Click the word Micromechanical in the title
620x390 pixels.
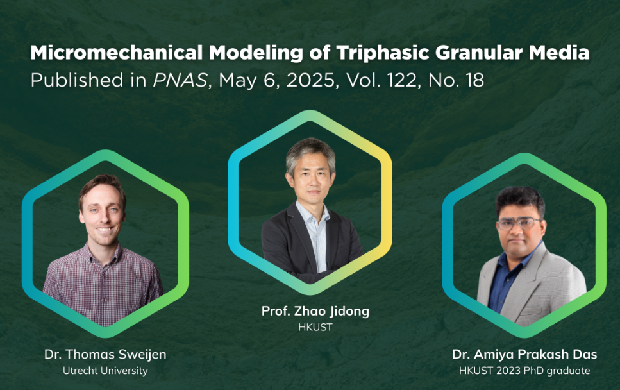[x=117, y=53]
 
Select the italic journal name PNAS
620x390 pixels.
[x=180, y=80]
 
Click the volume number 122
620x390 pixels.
[x=403, y=80]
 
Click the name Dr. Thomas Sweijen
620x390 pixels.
[x=105, y=355]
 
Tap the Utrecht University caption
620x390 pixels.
[x=105, y=371]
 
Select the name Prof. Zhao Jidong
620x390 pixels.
[x=315, y=311]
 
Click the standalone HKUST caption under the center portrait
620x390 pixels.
[x=315, y=327]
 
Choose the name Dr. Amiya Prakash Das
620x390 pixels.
[x=524, y=355]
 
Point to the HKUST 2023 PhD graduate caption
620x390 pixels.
[x=524, y=371]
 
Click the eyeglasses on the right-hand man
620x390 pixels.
[x=519, y=223]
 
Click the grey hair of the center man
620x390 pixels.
[x=310, y=152]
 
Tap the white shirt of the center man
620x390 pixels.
[x=316, y=237]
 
